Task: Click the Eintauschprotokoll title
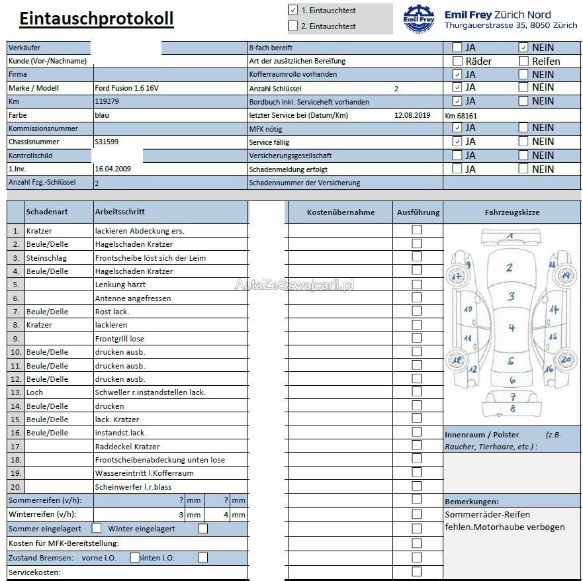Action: pos(96,19)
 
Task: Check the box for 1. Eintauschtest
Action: pos(293,10)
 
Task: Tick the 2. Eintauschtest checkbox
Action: pos(293,26)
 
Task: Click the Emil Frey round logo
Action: pos(418,19)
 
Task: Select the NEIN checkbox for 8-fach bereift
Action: pos(523,47)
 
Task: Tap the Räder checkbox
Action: pos(457,61)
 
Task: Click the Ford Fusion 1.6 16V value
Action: pos(126,88)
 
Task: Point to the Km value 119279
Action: pos(107,101)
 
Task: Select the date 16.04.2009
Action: pos(112,169)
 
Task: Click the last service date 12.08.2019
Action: pos(412,115)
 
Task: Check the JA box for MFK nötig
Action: pos(457,128)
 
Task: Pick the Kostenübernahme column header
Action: pos(341,212)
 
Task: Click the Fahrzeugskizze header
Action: pos(512,212)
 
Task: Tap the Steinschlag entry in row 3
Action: pos(46,257)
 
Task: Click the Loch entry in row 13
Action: pos(34,392)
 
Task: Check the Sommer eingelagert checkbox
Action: pos(97,528)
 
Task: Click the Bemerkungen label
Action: pos(471,502)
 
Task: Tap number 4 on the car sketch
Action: pos(511,328)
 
